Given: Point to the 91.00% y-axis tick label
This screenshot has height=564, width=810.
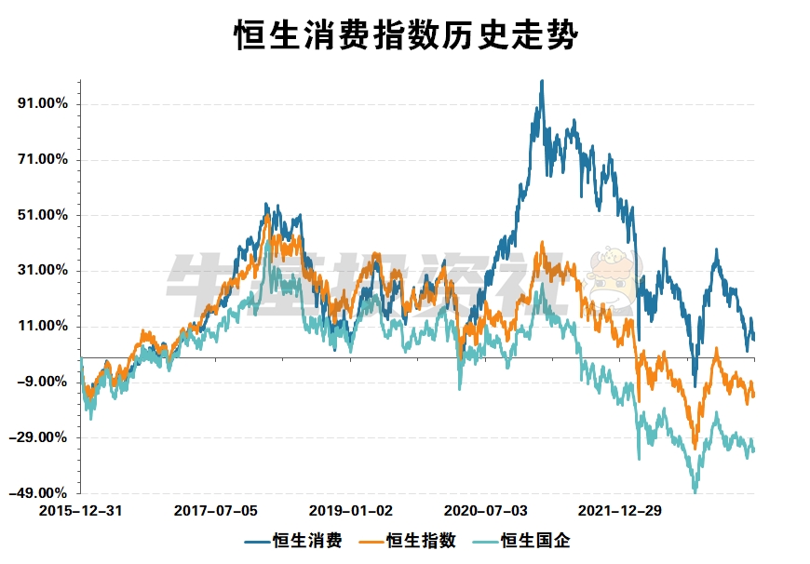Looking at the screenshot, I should tap(44, 103).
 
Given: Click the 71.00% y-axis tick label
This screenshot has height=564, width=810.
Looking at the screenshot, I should tap(44, 159).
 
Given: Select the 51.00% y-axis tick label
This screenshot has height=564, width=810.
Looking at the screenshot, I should tap(44, 215).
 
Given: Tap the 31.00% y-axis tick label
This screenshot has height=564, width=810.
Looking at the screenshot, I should tap(44, 271).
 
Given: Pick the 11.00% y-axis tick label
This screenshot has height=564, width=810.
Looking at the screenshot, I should tap(44, 327).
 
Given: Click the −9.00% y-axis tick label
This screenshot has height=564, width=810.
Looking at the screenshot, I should tap(44, 382).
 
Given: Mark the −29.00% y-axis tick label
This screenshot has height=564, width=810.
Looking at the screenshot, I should tap(42, 437).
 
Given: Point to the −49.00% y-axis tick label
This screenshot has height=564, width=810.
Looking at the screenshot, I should tap(42, 493).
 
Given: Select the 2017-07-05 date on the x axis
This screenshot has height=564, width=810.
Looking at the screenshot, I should tap(216, 511).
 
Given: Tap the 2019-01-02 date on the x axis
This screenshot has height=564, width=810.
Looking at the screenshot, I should tap(351, 511).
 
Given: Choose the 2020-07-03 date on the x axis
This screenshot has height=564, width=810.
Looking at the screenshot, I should tap(486, 511).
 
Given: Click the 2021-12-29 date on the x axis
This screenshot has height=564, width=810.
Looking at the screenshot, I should tap(621, 511).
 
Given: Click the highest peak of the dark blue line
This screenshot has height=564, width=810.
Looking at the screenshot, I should tap(542, 81).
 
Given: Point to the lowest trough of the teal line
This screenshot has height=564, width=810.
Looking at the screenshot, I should tap(695, 490).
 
